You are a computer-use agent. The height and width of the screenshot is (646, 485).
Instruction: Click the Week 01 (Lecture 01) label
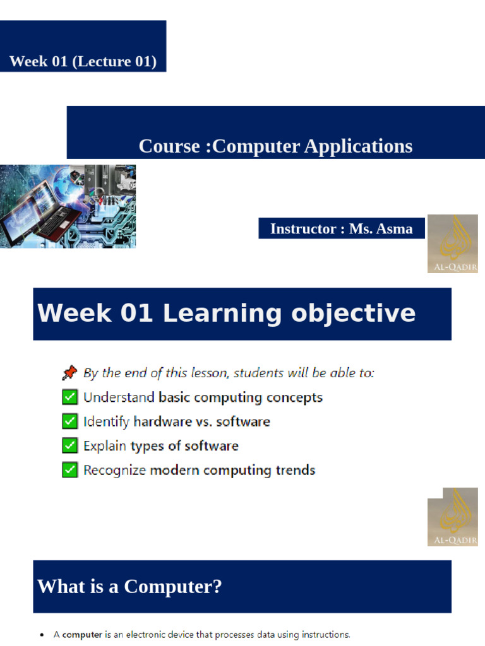83,62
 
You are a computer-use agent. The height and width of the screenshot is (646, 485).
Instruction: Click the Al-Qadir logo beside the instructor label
452,244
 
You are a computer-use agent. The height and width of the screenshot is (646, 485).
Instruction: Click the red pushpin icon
69,373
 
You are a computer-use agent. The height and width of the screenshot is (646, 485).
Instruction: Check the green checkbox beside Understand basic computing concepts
70,397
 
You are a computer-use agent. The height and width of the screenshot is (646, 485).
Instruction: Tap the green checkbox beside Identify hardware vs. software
70,421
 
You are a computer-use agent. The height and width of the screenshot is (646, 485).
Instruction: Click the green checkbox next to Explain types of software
70,446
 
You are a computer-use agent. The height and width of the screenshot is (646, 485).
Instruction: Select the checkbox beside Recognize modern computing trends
70,470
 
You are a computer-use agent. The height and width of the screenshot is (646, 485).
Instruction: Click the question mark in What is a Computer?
216,587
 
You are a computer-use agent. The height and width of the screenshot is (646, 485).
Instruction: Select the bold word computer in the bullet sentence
82,635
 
